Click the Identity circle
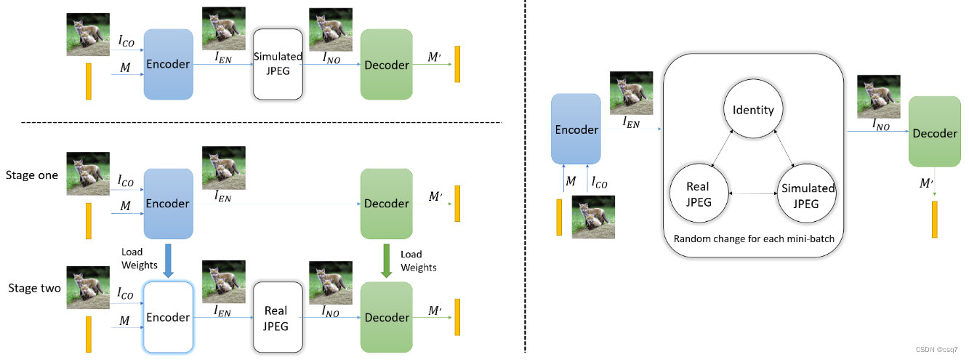pyautogui.click(x=753, y=110)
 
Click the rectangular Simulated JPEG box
pyautogui.click(x=277, y=64)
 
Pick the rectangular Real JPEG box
pyautogui.click(x=277, y=317)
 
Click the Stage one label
pyautogui.click(x=32, y=175)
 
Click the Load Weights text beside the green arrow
pyautogui.click(x=419, y=261)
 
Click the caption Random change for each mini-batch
pyautogui.click(x=752, y=239)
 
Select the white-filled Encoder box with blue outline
pyautogui.click(x=168, y=317)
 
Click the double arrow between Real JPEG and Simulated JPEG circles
pyautogui.click(x=753, y=194)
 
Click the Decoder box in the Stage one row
pyautogui.click(x=386, y=204)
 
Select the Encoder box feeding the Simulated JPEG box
pyautogui.click(x=168, y=64)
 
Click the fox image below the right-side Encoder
pyautogui.click(x=592, y=217)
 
